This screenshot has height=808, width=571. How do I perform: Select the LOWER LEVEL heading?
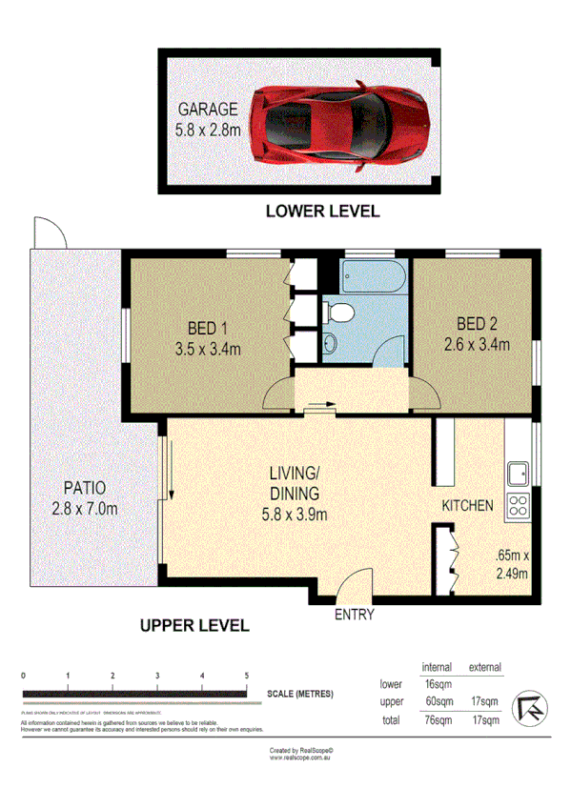[x=321, y=212]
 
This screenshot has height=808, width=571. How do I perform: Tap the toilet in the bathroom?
[x=338, y=311]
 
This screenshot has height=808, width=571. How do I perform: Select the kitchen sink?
[x=519, y=474]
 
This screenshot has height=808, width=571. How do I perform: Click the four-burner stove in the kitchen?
[x=519, y=507]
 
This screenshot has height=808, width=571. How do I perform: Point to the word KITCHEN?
[x=466, y=506]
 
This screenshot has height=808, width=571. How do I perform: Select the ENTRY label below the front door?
[x=355, y=615]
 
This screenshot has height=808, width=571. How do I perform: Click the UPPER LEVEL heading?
[x=194, y=626]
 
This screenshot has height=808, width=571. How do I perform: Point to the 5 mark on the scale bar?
[x=247, y=676]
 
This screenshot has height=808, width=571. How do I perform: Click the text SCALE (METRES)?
[x=300, y=693]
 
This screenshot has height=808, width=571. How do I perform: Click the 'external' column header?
[x=483, y=667]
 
